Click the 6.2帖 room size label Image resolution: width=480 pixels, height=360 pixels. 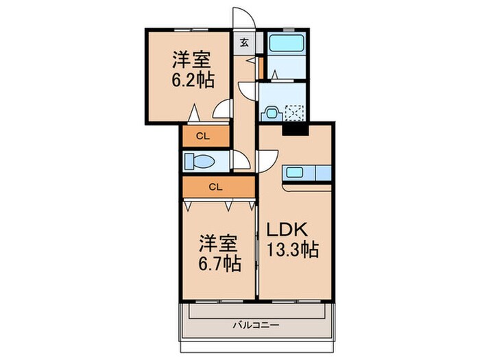coord(193,80)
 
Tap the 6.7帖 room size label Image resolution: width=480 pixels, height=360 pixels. coord(219,263)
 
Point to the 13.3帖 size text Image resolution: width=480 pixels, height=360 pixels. coord(293,250)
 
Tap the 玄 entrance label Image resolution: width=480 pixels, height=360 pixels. coord(244,42)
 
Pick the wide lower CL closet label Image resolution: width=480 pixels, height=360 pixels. coord(215,186)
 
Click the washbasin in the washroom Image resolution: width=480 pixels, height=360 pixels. coord(272,110)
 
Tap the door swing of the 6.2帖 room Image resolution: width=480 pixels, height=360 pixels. coord(221,110)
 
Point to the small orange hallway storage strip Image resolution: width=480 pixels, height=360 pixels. coord(261,68)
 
